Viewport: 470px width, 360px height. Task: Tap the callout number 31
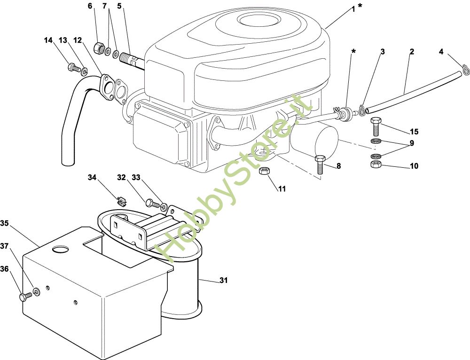223,281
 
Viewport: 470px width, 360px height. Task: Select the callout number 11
282,189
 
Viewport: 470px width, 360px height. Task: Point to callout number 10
414,166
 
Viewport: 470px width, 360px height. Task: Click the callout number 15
414,132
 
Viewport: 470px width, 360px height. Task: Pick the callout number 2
411,52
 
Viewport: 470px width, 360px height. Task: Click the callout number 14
48,40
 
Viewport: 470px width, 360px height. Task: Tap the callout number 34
92,177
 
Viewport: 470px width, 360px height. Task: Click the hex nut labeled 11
264,171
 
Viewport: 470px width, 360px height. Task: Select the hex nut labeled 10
376,164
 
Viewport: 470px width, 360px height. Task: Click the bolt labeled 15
376,126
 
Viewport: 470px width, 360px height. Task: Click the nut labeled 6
99,47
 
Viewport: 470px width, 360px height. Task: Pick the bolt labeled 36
25,297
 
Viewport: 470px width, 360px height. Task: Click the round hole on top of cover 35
61,249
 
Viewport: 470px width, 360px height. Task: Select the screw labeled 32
151,203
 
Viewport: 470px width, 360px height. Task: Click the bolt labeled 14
74,68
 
